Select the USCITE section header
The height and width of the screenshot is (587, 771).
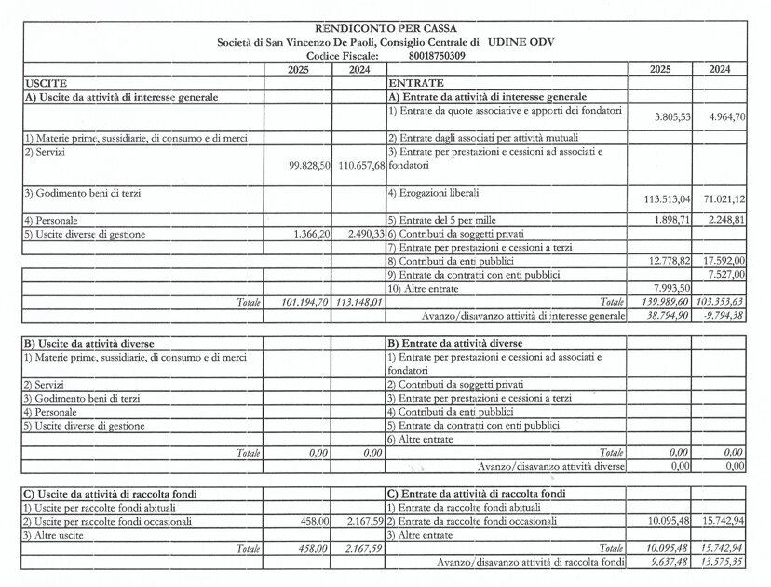[45, 84]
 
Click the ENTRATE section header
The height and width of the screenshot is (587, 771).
[410, 84]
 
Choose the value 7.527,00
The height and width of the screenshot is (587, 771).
[726, 274]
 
